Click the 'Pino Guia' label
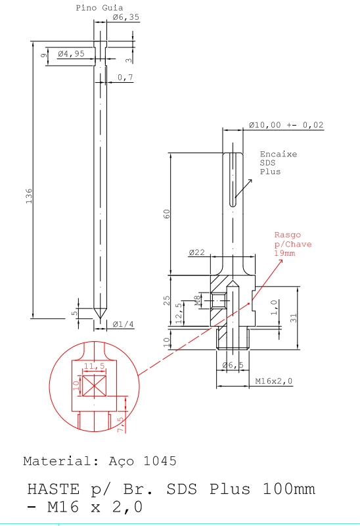coord(99,8)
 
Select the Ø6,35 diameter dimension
coord(125,18)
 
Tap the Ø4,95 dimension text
coord(71,54)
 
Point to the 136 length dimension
coord(29,196)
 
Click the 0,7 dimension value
coord(125,78)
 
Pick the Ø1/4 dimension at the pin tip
coord(124,324)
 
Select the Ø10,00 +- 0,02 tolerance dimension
coord(286,125)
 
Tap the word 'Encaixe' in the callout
coord(278,155)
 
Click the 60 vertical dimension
coord(167,214)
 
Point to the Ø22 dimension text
coord(198,252)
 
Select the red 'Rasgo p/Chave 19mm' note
coord(292,243)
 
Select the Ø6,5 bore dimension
coord(233,365)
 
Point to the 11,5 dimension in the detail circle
coord(94,366)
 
